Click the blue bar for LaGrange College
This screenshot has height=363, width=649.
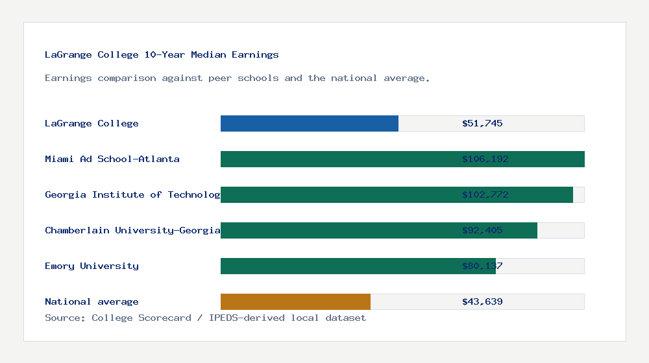[310, 123]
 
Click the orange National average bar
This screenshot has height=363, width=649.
[295, 301]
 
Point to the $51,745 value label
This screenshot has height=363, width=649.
[482, 123]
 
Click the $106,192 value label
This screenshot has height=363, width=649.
[485, 159]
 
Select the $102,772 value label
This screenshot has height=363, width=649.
[485, 194]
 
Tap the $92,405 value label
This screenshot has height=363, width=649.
[482, 230]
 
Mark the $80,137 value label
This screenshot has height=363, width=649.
[482, 266]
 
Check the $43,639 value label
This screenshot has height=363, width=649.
[482, 301]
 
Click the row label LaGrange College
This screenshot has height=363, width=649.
[92, 123]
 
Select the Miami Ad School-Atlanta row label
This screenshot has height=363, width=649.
[112, 159]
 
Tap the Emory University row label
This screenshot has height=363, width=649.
[92, 266]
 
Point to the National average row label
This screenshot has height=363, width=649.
[92, 301]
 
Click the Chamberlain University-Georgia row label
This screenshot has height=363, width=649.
[132, 230]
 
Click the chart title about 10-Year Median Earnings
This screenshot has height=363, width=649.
[162, 54]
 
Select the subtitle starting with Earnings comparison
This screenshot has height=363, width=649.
[238, 78]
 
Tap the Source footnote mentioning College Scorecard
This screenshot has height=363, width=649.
[205, 318]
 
